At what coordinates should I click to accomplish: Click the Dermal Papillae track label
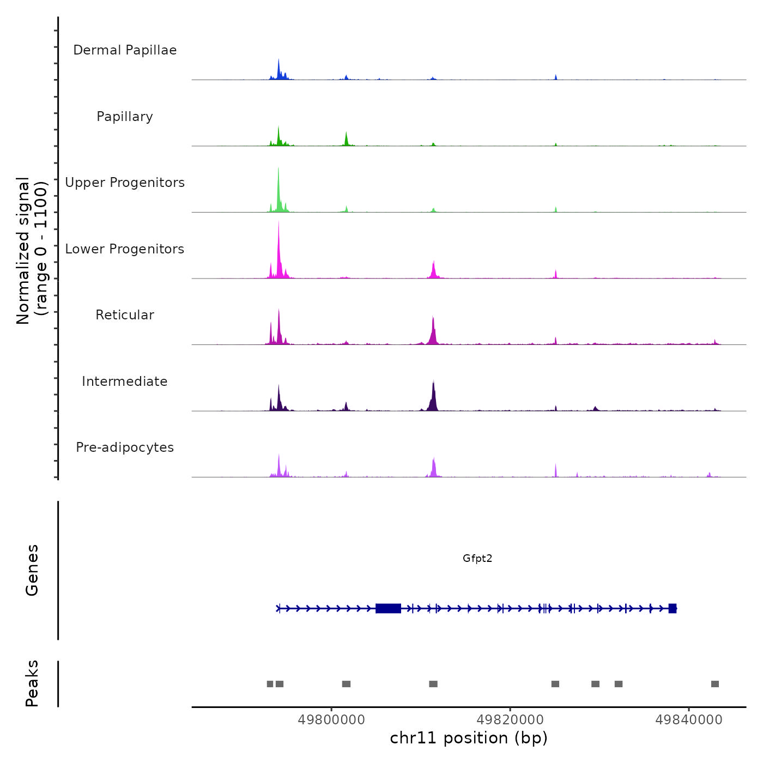125,50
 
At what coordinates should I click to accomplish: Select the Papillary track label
125,117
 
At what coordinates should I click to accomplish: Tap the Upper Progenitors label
125,183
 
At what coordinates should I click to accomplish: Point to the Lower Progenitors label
125,249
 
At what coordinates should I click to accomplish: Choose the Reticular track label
125,315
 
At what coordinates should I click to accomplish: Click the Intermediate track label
125,381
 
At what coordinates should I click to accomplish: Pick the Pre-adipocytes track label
125,447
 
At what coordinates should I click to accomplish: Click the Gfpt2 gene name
477,558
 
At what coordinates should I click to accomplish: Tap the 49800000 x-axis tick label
331,720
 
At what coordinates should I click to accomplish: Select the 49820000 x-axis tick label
510,720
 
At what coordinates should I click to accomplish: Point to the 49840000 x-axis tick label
689,720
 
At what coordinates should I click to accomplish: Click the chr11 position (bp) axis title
469,738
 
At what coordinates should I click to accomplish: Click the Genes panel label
32,570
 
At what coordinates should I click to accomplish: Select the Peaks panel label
32,683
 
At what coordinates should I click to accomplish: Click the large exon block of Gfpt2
388,608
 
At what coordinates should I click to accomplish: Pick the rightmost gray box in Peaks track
715,684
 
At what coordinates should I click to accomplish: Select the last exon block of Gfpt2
673,608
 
